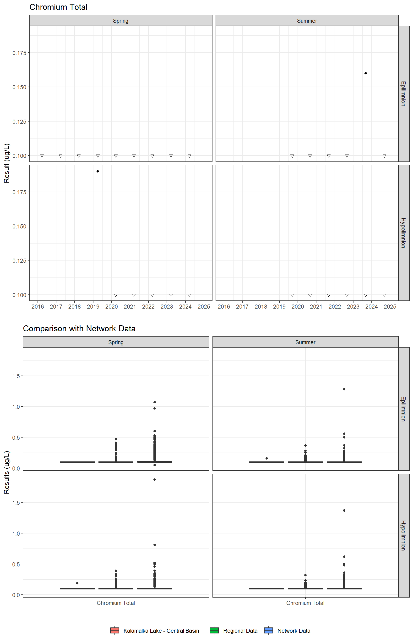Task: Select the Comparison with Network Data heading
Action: (79, 328)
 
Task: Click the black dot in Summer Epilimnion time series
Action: (365, 73)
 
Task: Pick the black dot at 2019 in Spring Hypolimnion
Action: (98, 171)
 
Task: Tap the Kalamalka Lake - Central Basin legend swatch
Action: (114, 630)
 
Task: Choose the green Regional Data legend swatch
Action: (214, 630)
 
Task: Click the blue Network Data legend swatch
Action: (268, 630)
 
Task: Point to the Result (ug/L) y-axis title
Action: (6, 163)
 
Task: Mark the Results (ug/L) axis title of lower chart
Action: (6, 472)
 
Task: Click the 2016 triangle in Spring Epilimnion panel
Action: (42, 156)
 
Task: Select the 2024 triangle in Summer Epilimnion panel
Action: (384, 156)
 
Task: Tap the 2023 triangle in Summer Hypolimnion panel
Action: (365, 295)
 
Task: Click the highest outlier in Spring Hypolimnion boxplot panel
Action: (154, 480)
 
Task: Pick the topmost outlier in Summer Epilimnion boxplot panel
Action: (344, 389)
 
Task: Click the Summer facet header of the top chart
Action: (307, 21)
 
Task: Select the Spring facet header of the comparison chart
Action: (116, 342)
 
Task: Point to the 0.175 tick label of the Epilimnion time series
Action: (19, 53)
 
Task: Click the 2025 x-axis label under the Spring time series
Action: (204, 306)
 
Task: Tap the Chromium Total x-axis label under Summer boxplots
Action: (305, 603)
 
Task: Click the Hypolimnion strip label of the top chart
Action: (403, 233)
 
